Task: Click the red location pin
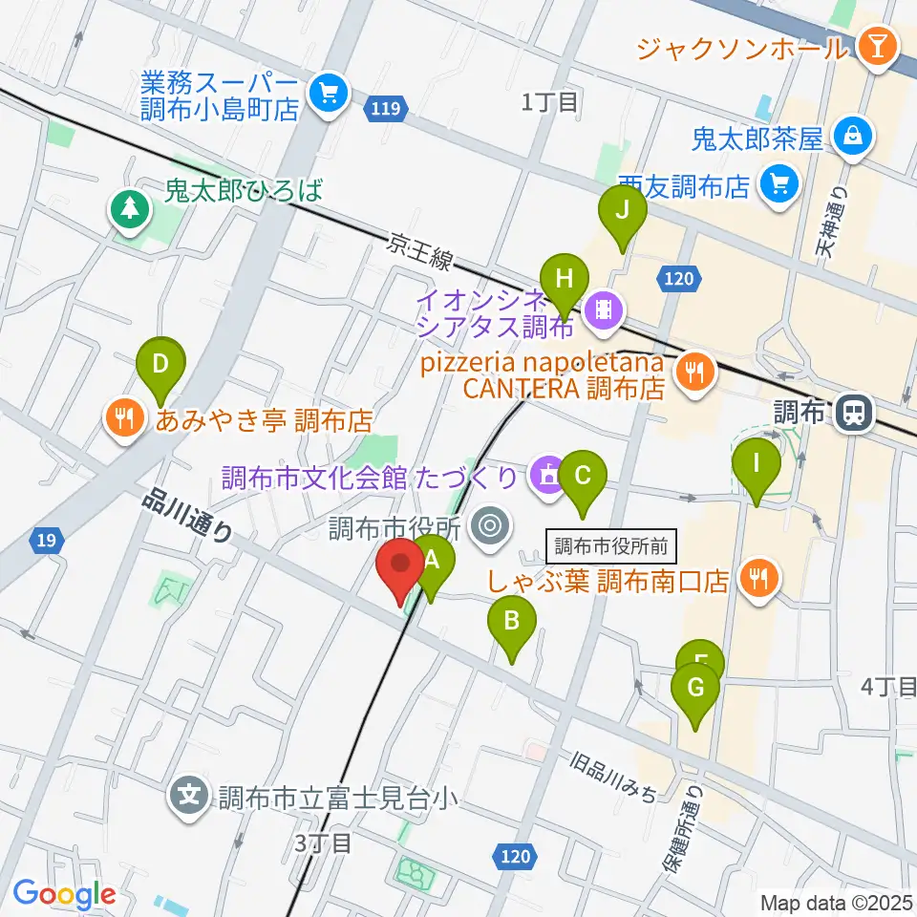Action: (401, 568)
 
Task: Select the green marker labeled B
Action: (511, 626)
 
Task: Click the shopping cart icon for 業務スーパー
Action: (331, 92)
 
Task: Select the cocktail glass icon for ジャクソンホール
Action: (873, 45)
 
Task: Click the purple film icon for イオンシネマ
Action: (604, 308)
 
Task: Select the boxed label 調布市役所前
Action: (612, 547)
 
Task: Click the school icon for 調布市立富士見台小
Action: (190, 794)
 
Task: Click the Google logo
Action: (64, 894)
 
